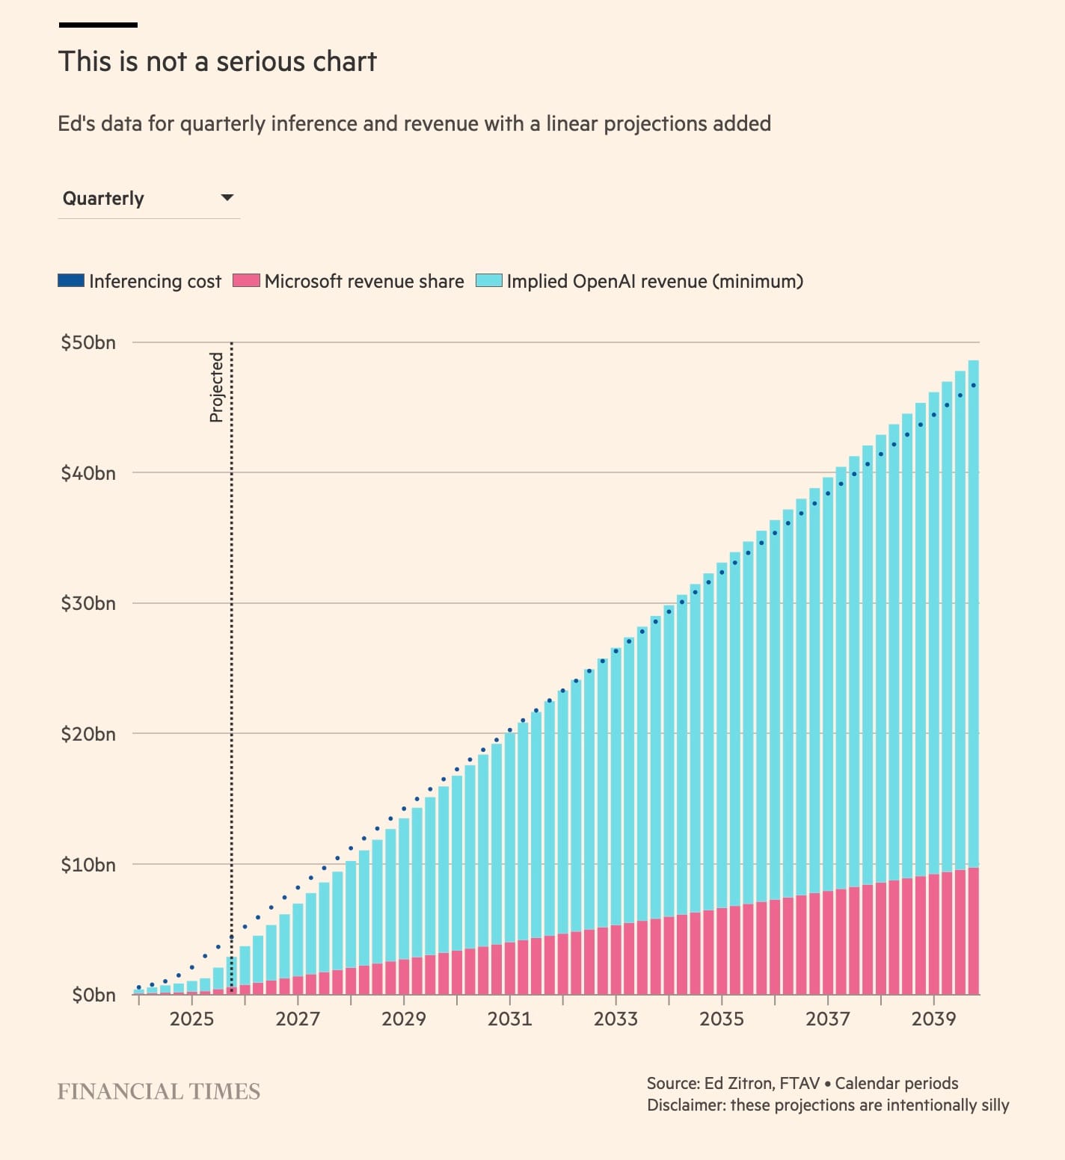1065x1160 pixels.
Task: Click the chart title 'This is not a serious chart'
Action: (217, 61)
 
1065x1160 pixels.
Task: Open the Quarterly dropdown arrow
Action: (227, 198)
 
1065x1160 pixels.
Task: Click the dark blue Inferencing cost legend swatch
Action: (71, 281)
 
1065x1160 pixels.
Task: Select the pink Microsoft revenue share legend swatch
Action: (246, 281)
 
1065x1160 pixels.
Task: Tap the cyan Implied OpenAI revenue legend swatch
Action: (488, 281)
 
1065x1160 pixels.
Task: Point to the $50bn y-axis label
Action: (88, 342)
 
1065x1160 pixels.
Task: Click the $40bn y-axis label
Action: (88, 473)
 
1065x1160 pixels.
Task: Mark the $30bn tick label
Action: (88, 603)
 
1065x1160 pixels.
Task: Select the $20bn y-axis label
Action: (88, 734)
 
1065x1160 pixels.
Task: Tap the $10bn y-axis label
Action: (88, 865)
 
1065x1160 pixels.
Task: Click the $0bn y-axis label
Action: (93, 995)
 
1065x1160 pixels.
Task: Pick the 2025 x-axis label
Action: (191, 1019)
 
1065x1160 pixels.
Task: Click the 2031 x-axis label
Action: (509, 1019)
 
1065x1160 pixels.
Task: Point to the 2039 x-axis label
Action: (933, 1019)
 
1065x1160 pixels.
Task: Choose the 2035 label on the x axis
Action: (722, 1019)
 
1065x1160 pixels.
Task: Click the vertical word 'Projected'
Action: (216, 387)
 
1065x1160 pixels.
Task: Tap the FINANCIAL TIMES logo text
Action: (159, 1092)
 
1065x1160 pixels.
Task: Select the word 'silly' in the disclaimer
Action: (991, 1105)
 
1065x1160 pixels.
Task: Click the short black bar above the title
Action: (98, 25)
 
